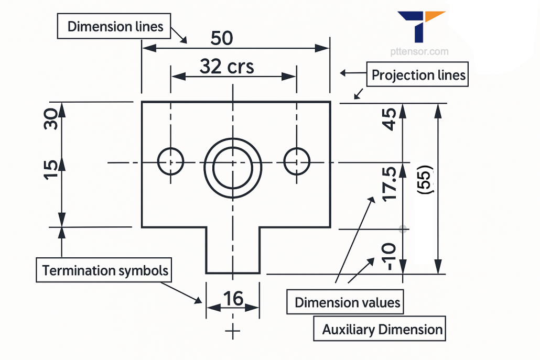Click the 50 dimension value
point(222,38)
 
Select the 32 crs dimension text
point(226,67)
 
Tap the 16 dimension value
point(233,299)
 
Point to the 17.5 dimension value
point(389,184)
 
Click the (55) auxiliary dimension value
point(425,181)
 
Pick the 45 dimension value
point(389,119)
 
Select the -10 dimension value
point(388,256)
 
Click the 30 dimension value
point(50,119)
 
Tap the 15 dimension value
point(50,170)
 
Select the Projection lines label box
point(418,75)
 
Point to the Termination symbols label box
point(105,270)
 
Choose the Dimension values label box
point(347,302)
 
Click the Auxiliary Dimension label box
point(382,330)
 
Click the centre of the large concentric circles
point(233,163)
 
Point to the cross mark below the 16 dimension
point(233,331)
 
